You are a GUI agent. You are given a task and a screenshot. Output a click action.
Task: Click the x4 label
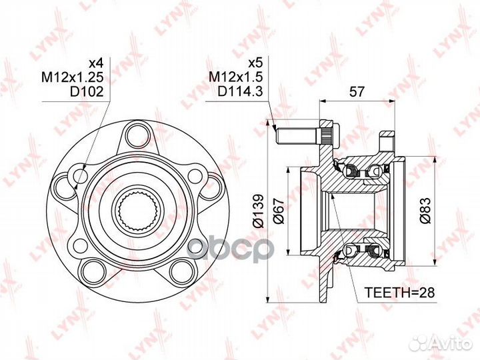96,63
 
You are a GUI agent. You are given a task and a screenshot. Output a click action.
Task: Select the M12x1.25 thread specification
73,77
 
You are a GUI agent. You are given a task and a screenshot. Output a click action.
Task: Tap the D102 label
87,91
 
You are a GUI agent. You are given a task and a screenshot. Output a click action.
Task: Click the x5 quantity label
255,63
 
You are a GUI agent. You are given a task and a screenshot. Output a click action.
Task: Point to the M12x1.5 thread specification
236,77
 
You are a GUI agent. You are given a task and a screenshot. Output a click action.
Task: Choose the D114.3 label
240,91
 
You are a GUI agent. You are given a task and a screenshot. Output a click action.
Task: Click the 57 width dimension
357,91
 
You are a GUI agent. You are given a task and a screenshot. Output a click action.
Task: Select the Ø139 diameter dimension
258,211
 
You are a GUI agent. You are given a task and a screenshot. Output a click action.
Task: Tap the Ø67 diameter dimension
279,211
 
